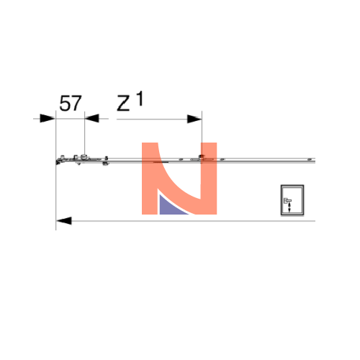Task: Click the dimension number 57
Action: (x=71, y=104)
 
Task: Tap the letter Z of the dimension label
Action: (x=123, y=104)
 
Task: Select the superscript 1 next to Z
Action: (x=140, y=99)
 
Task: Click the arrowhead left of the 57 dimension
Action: (x=48, y=118)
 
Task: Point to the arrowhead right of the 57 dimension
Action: (x=91, y=118)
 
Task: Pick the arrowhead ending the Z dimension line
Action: (x=194, y=119)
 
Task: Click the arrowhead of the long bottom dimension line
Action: (x=64, y=221)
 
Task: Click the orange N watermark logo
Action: (x=179, y=179)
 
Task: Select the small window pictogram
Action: (x=292, y=200)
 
